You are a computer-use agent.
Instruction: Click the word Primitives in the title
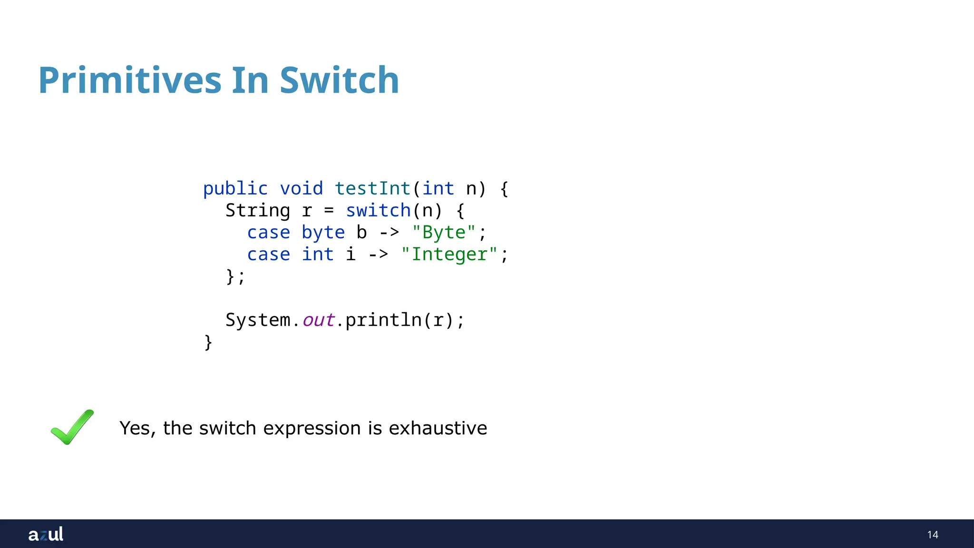pyautogui.click(x=129, y=80)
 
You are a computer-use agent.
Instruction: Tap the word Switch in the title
pyautogui.click(x=339, y=80)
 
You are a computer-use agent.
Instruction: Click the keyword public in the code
pyautogui.click(x=235, y=189)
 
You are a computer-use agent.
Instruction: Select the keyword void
pyautogui.click(x=301, y=189)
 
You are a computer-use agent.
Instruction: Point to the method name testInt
pyautogui.click(x=372, y=189)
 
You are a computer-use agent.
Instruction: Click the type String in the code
pyautogui.click(x=257, y=211)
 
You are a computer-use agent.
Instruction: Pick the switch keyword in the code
pyautogui.click(x=378, y=211)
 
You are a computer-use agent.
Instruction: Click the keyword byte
pyautogui.click(x=323, y=233)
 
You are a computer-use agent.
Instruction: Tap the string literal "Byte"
pyautogui.click(x=443, y=233)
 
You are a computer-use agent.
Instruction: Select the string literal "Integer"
pyautogui.click(x=449, y=254)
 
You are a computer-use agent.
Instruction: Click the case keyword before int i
pyautogui.click(x=268, y=254)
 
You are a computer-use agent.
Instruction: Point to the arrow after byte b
pyautogui.click(x=389, y=233)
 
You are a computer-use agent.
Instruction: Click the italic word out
pyautogui.click(x=318, y=320)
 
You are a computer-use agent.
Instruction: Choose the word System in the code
pyautogui.click(x=257, y=320)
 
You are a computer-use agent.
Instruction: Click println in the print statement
pyautogui.click(x=383, y=320)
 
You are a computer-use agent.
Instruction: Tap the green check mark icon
pyautogui.click(x=72, y=427)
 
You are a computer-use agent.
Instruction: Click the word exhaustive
pyautogui.click(x=438, y=428)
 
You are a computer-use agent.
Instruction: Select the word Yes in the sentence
pyautogui.click(x=135, y=428)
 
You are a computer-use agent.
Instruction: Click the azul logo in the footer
pyautogui.click(x=46, y=534)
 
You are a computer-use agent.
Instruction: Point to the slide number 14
pyautogui.click(x=932, y=535)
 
